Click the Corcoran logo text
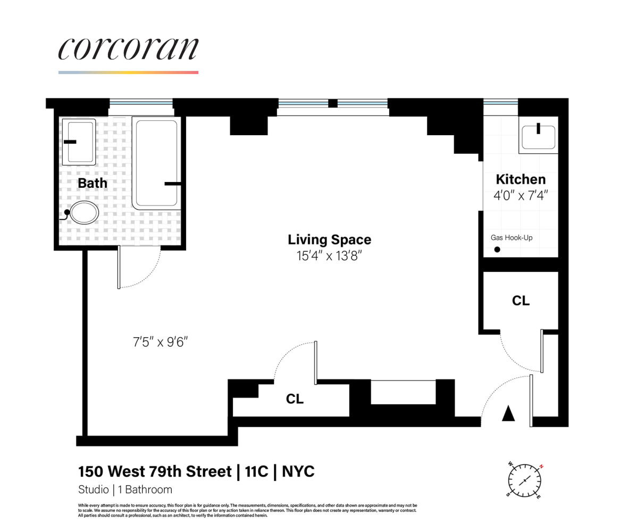click(x=128, y=49)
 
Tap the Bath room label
click(x=93, y=183)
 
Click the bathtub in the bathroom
click(x=155, y=163)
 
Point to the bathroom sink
click(x=79, y=142)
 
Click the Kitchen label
click(x=521, y=179)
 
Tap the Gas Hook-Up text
click(x=511, y=237)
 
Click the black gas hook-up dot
click(x=497, y=250)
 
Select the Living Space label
click(x=329, y=239)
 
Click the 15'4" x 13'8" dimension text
click(x=329, y=256)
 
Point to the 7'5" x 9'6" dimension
click(x=161, y=341)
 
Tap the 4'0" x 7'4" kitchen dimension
click(x=521, y=195)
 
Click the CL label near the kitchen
click(x=521, y=301)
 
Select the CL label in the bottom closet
click(x=295, y=398)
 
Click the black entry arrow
click(x=509, y=413)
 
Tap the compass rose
click(x=525, y=480)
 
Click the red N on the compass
click(x=541, y=466)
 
